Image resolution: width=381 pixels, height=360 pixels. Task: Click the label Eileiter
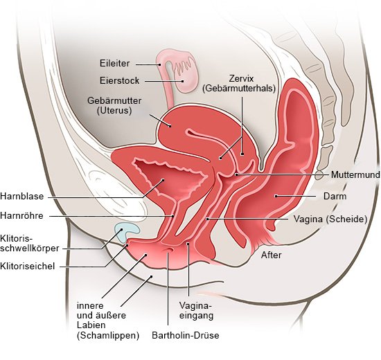115,64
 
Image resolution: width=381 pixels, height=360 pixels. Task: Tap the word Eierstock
120,80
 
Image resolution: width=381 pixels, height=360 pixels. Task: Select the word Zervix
241,78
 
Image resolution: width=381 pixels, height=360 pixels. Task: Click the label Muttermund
355,174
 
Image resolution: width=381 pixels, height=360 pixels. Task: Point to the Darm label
335,196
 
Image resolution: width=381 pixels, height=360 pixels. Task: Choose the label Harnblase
22,196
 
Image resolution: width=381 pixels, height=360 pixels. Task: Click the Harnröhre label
21,215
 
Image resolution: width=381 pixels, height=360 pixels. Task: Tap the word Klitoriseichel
27,266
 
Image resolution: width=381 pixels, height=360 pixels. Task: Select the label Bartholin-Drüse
186,335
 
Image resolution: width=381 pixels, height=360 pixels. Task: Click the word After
271,255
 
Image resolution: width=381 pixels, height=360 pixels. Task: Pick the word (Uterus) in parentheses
114,111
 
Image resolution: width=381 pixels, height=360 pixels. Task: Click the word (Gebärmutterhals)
239,88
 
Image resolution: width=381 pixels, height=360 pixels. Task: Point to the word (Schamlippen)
108,336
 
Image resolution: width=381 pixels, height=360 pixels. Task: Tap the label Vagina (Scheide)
330,219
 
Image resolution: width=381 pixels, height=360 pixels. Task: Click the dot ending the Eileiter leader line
159,64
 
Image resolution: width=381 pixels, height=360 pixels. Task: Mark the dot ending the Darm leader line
276,196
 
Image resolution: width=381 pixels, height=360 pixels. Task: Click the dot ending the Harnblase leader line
163,180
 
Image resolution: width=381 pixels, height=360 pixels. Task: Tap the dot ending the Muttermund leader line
236,174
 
